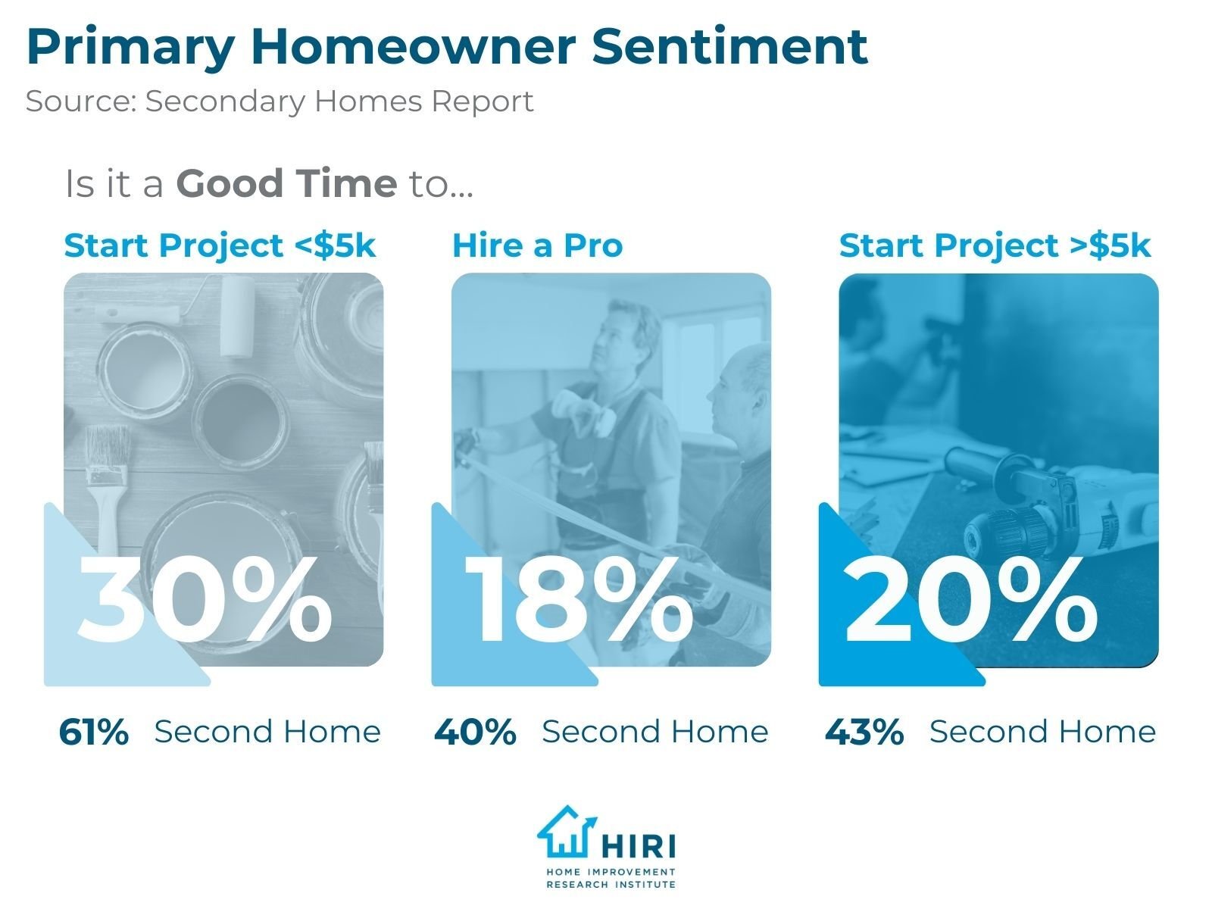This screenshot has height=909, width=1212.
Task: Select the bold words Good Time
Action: (x=286, y=184)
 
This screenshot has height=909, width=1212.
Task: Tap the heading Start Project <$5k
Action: (x=220, y=246)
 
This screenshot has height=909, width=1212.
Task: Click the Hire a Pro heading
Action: (x=537, y=246)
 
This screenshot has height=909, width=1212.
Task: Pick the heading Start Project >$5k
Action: (x=995, y=246)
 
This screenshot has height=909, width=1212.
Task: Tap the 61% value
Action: (x=94, y=733)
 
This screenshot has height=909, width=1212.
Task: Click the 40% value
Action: (x=475, y=733)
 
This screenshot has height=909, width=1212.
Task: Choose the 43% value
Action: (x=864, y=733)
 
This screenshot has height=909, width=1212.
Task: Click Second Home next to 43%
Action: (x=1042, y=732)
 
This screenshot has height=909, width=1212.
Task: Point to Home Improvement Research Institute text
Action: (x=611, y=878)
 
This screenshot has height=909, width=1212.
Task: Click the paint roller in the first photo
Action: (x=237, y=316)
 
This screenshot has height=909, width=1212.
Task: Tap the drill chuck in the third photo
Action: (x=1007, y=530)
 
